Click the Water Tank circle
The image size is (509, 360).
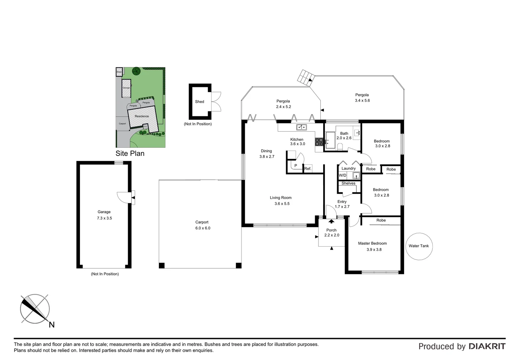click(x=419, y=246)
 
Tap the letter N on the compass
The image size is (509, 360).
click(x=52, y=325)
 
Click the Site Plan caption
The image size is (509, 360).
click(x=130, y=153)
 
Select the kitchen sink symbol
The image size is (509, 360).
click(x=301, y=127)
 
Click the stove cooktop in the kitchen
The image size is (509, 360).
click(x=319, y=142)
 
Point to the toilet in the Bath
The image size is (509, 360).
click(x=340, y=147)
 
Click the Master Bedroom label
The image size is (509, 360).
click(x=372, y=243)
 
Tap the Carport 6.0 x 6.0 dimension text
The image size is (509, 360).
click(x=203, y=228)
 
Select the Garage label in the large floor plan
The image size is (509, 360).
click(x=104, y=212)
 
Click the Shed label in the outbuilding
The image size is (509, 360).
click(x=200, y=102)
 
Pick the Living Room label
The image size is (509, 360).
click(x=280, y=198)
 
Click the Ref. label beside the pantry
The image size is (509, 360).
click(x=308, y=169)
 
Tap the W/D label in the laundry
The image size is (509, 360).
click(x=342, y=175)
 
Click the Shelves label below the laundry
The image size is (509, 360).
click(x=348, y=183)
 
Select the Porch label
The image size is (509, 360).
click(x=331, y=230)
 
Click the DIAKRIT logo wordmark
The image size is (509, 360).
click(x=487, y=346)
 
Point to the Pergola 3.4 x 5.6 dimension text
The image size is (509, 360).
click(x=362, y=100)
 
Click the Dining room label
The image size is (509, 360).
click(x=266, y=151)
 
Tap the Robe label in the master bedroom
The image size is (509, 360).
click(x=381, y=220)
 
